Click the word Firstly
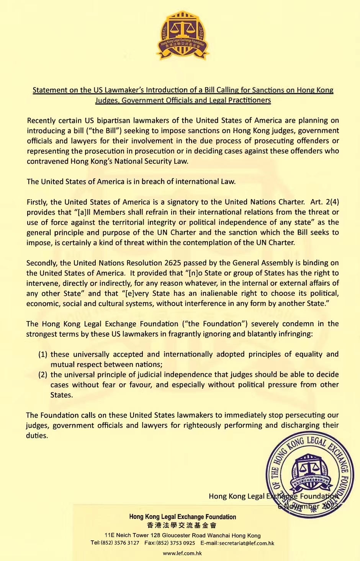point(37,202)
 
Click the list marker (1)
point(43,354)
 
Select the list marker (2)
point(43,375)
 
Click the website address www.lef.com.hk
point(182,553)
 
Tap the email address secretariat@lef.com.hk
point(247,543)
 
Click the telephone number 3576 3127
point(127,543)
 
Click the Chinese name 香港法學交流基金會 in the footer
point(182,525)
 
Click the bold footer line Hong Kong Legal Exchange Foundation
point(182,517)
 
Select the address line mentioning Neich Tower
point(182,535)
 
